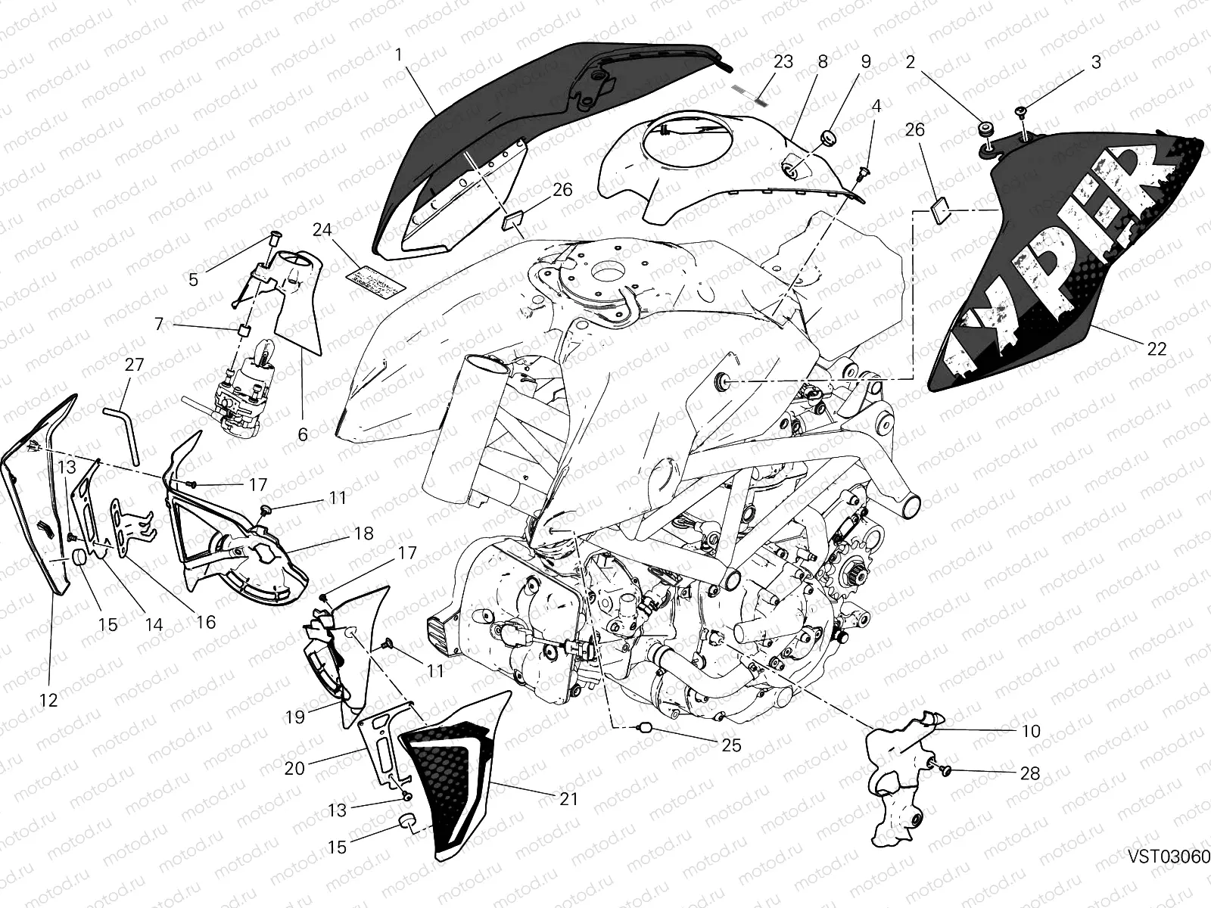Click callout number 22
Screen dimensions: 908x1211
1157,349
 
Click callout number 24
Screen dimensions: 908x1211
323,229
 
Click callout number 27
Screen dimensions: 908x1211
134,365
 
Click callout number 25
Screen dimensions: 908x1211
730,745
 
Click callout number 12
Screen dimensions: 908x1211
48,701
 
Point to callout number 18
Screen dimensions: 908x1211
364,533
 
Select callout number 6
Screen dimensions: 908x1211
303,434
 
